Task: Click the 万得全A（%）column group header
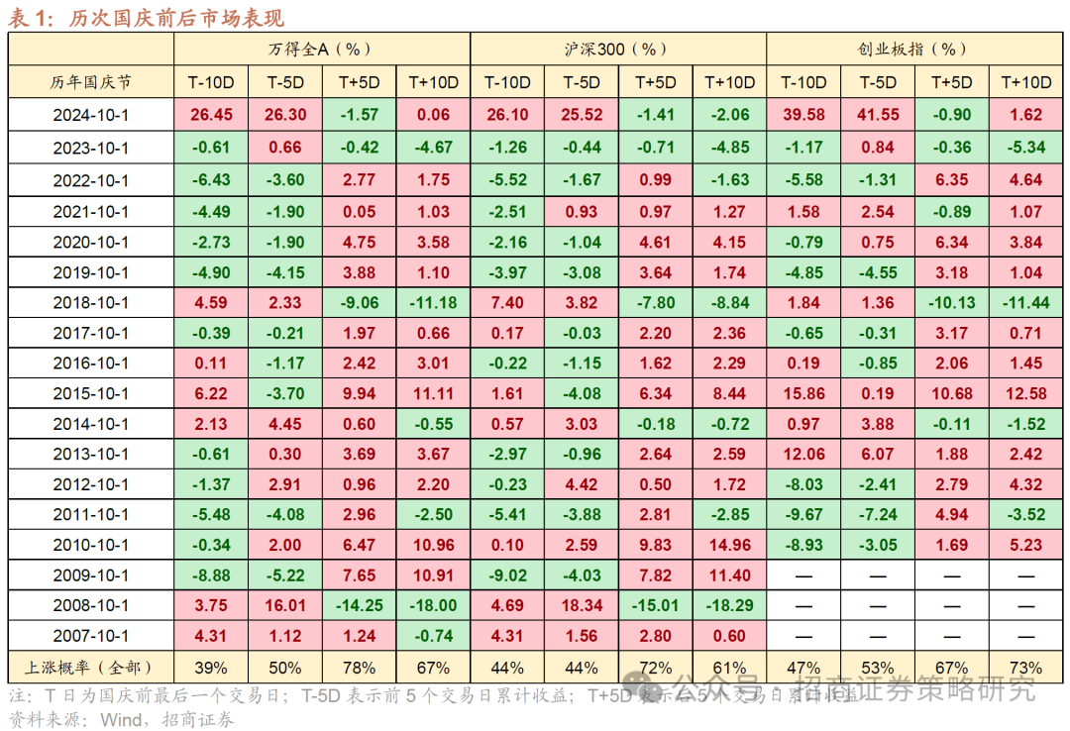point(321,49)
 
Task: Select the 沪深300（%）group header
point(617,49)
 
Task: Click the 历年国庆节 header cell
point(91,83)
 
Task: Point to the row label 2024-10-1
point(91,115)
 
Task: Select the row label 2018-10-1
point(91,303)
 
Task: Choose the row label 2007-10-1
point(91,637)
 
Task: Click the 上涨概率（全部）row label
point(91,668)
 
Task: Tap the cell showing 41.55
point(878,115)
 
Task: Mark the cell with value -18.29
point(729,605)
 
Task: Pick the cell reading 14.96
point(729,545)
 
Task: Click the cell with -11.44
point(1026,303)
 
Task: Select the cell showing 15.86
point(802,394)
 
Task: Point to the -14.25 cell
point(359,605)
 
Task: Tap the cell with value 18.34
point(582,605)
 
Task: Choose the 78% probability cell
point(359,668)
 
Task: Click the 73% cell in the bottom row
point(1026,668)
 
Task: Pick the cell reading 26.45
point(211,115)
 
